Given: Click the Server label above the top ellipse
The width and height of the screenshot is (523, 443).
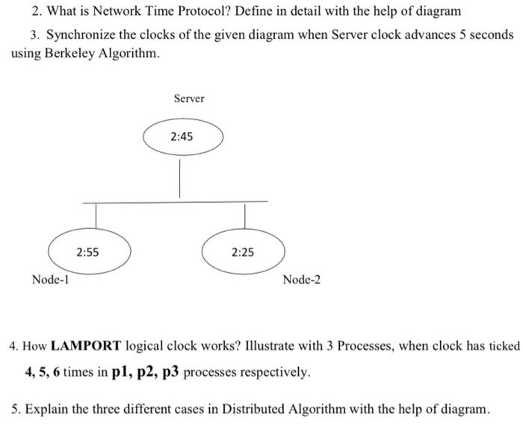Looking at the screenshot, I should point(188,98).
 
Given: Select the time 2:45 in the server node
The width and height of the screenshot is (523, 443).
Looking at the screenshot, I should point(182,136).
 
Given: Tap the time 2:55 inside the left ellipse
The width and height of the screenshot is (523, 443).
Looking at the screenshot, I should point(88,252).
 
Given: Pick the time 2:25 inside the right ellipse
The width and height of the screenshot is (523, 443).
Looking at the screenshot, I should point(242,252).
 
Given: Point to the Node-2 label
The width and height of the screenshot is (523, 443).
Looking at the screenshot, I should point(302,280).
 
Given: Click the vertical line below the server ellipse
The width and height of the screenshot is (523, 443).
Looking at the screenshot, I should point(180,178).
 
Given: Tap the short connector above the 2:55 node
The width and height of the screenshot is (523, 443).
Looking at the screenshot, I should point(96,216).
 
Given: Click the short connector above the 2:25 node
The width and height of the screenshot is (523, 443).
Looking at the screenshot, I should point(244,216).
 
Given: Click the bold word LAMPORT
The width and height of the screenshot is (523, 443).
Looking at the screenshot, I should point(86,347).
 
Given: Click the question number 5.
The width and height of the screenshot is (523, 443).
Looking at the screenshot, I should point(16,409).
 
